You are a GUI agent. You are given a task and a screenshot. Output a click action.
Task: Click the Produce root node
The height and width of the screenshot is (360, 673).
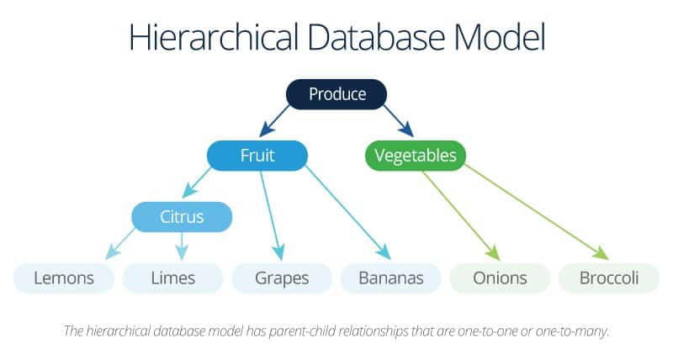click(x=336, y=94)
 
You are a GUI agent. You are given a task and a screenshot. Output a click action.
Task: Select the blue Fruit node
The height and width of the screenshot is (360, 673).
click(x=257, y=156)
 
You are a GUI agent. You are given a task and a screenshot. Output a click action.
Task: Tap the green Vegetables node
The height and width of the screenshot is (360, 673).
click(x=415, y=156)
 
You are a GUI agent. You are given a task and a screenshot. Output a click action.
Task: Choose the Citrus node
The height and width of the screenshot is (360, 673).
click(x=182, y=217)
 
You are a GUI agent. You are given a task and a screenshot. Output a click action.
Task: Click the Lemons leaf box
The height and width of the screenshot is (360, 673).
click(x=63, y=278)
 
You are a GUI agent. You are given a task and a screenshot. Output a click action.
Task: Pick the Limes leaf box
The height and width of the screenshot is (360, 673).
click(x=172, y=278)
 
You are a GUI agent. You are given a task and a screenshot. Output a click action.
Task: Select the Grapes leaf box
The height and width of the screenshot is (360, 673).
click(x=282, y=278)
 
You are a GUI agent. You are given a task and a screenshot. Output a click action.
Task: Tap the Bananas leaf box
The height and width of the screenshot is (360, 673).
click(x=390, y=278)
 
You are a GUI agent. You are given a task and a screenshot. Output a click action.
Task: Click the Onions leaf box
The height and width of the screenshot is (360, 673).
click(x=500, y=278)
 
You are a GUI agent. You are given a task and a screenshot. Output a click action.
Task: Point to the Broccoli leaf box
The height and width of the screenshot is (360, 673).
click(x=608, y=278)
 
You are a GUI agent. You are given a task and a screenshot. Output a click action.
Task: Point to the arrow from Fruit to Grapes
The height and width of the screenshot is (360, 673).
click(x=271, y=214)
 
